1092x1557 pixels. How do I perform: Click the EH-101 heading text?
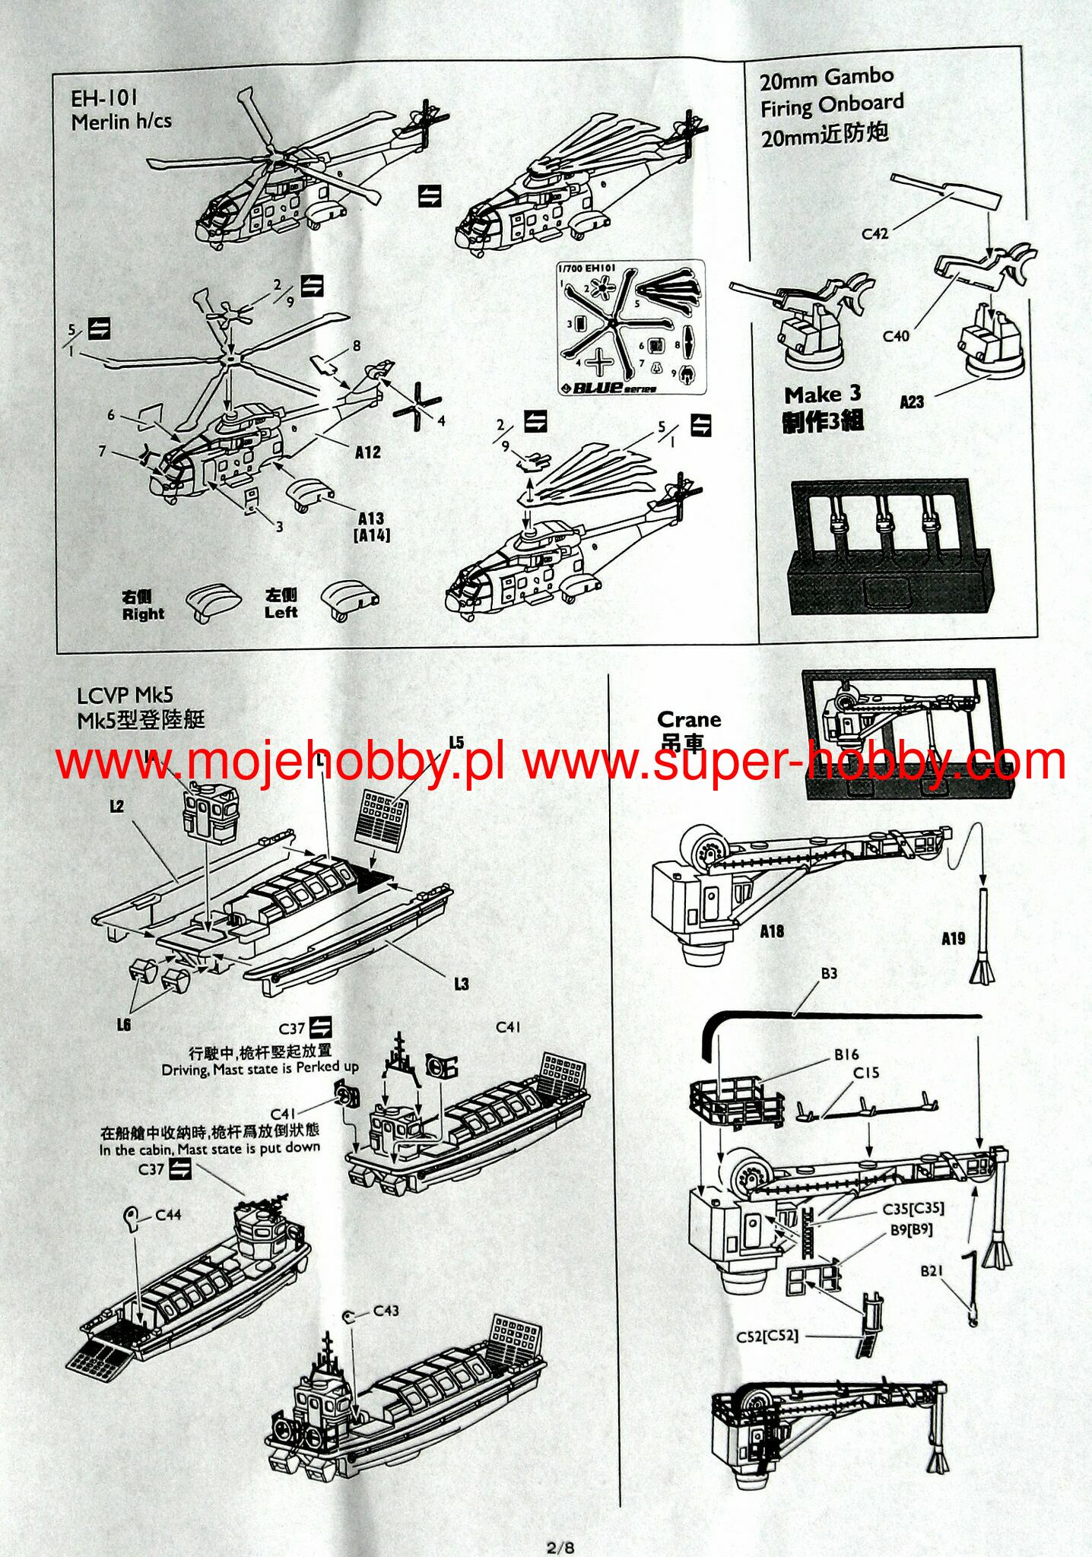tap(105, 98)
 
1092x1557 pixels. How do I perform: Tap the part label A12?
tap(368, 452)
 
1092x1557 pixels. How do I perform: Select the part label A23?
tap(913, 402)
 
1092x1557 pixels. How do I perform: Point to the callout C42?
tap(875, 234)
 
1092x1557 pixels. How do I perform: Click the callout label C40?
tap(896, 335)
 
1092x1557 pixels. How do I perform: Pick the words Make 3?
tap(822, 395)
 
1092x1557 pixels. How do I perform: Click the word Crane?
tap(689, 719)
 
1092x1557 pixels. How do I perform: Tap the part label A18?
tap(771, 931)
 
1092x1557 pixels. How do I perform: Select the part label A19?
tap(953, 939)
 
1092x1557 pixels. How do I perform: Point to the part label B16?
tap(846, 1054)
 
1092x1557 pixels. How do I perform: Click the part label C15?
tap(865, 1073)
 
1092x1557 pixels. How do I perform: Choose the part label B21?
tap(932, 1271)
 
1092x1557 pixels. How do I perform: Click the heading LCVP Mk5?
tap(125, 695)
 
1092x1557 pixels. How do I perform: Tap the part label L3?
tap(461, 984)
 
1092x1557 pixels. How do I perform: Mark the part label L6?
tap(124, 1024)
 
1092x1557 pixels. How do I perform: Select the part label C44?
tap(168, 1215)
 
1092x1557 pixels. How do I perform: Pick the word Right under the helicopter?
tap(143, 614)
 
